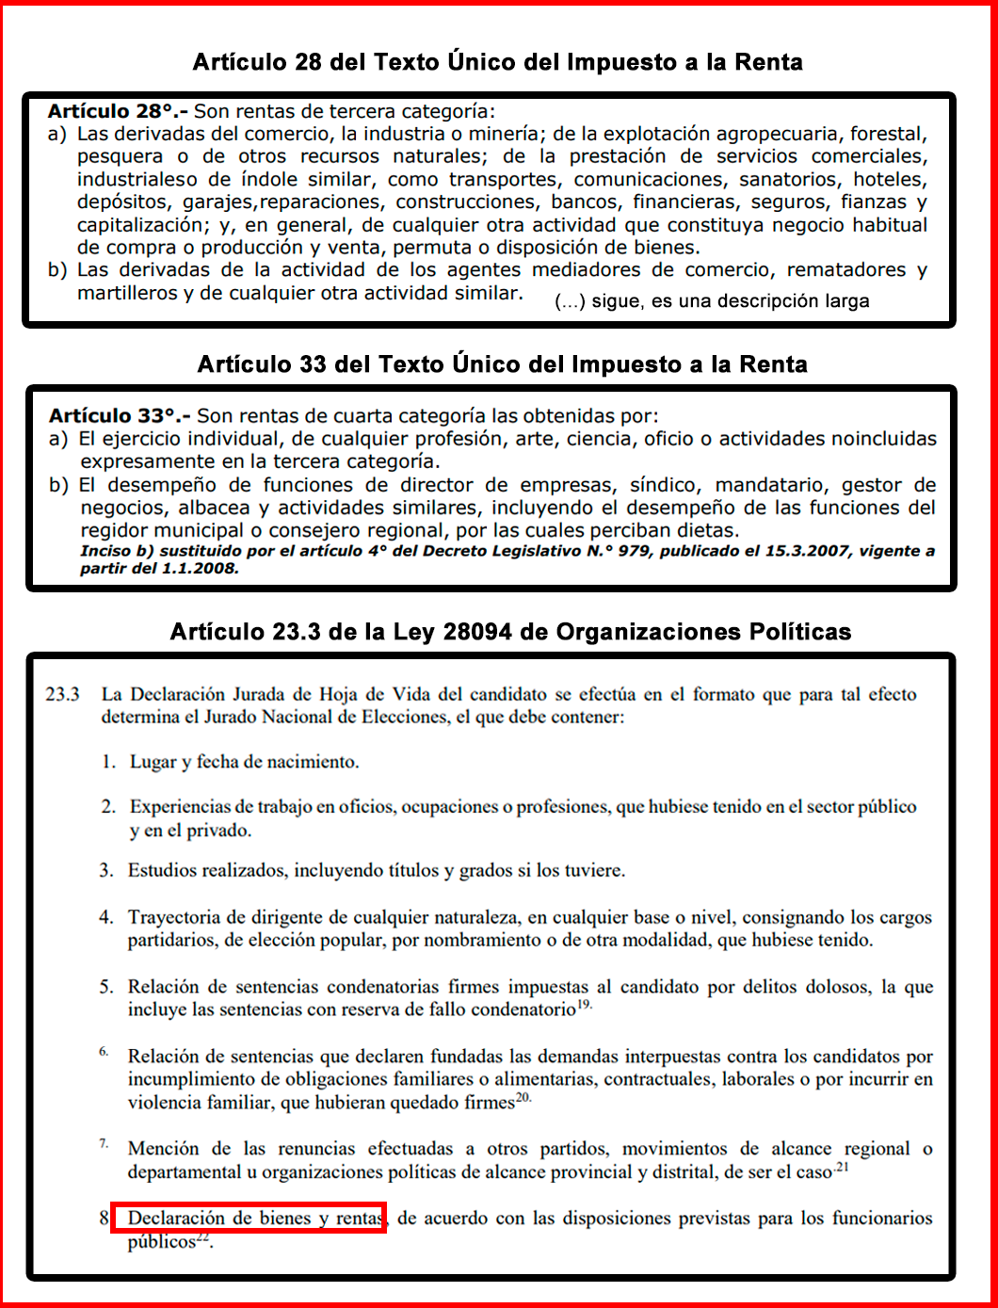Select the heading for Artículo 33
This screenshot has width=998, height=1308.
502,364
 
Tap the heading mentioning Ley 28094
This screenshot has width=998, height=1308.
510,632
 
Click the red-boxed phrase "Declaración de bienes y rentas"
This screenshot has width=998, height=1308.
249,1218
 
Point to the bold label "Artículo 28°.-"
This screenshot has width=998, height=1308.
118,111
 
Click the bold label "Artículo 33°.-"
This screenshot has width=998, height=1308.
120,415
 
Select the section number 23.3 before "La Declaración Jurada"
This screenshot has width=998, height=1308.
62,694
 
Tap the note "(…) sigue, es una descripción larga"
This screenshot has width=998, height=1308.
712,301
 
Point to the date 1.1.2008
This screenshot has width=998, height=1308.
200,569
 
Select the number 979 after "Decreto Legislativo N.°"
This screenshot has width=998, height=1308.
634,551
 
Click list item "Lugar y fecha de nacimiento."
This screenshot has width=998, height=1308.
244,762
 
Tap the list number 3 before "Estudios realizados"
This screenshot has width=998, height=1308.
106,870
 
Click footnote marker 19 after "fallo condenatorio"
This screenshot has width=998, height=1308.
584,1006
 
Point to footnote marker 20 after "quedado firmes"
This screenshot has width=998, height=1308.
523,1098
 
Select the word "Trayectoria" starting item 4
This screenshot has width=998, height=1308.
176,917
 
